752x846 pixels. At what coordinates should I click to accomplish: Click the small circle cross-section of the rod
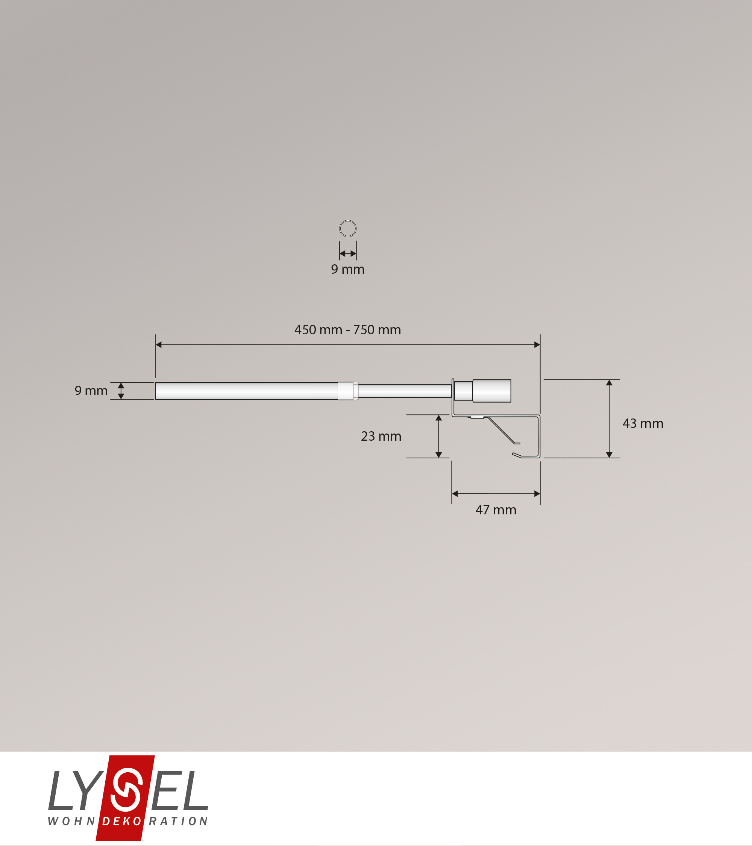pos(348,221)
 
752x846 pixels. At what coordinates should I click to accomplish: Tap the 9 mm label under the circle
pos(348,270)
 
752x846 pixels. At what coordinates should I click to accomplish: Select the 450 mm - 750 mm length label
pos(348,330)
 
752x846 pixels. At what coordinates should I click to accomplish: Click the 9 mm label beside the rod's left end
pos(91,391)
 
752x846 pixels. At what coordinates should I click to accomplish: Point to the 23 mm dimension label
pos(381,436)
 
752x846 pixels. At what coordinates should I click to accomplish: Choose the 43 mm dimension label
pos(643,423)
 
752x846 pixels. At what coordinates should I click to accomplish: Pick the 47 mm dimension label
pos(496,510)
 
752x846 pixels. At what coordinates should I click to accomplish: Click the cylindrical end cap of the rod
pos(492,391)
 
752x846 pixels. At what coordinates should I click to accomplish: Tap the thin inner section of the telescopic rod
pos(405,391)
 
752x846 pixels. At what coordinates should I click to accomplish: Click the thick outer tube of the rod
pos(247,391)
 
